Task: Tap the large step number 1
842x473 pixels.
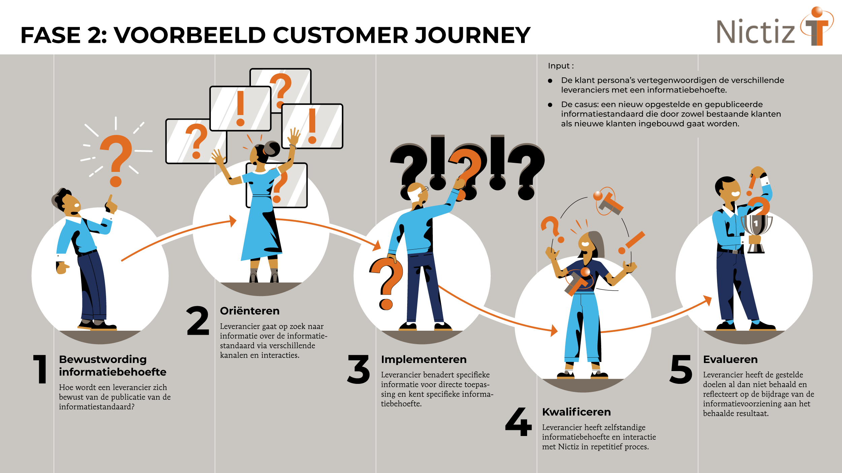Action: pos(41,369)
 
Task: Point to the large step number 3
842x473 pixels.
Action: pos(359,369)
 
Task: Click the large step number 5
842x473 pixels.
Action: pos(681,369)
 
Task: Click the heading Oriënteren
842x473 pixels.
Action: pos(250,311)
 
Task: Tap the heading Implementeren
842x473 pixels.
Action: pos(424,359)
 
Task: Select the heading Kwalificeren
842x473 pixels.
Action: pos(576,412)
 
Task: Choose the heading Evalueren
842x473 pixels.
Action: pos(730,359)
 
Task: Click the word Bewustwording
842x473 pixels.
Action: pos(103,359)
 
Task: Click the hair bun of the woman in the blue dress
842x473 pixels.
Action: pos(271,148)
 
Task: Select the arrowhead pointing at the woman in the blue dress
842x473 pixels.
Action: pos(233,221)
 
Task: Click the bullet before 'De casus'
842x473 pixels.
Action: pos(550,105)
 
